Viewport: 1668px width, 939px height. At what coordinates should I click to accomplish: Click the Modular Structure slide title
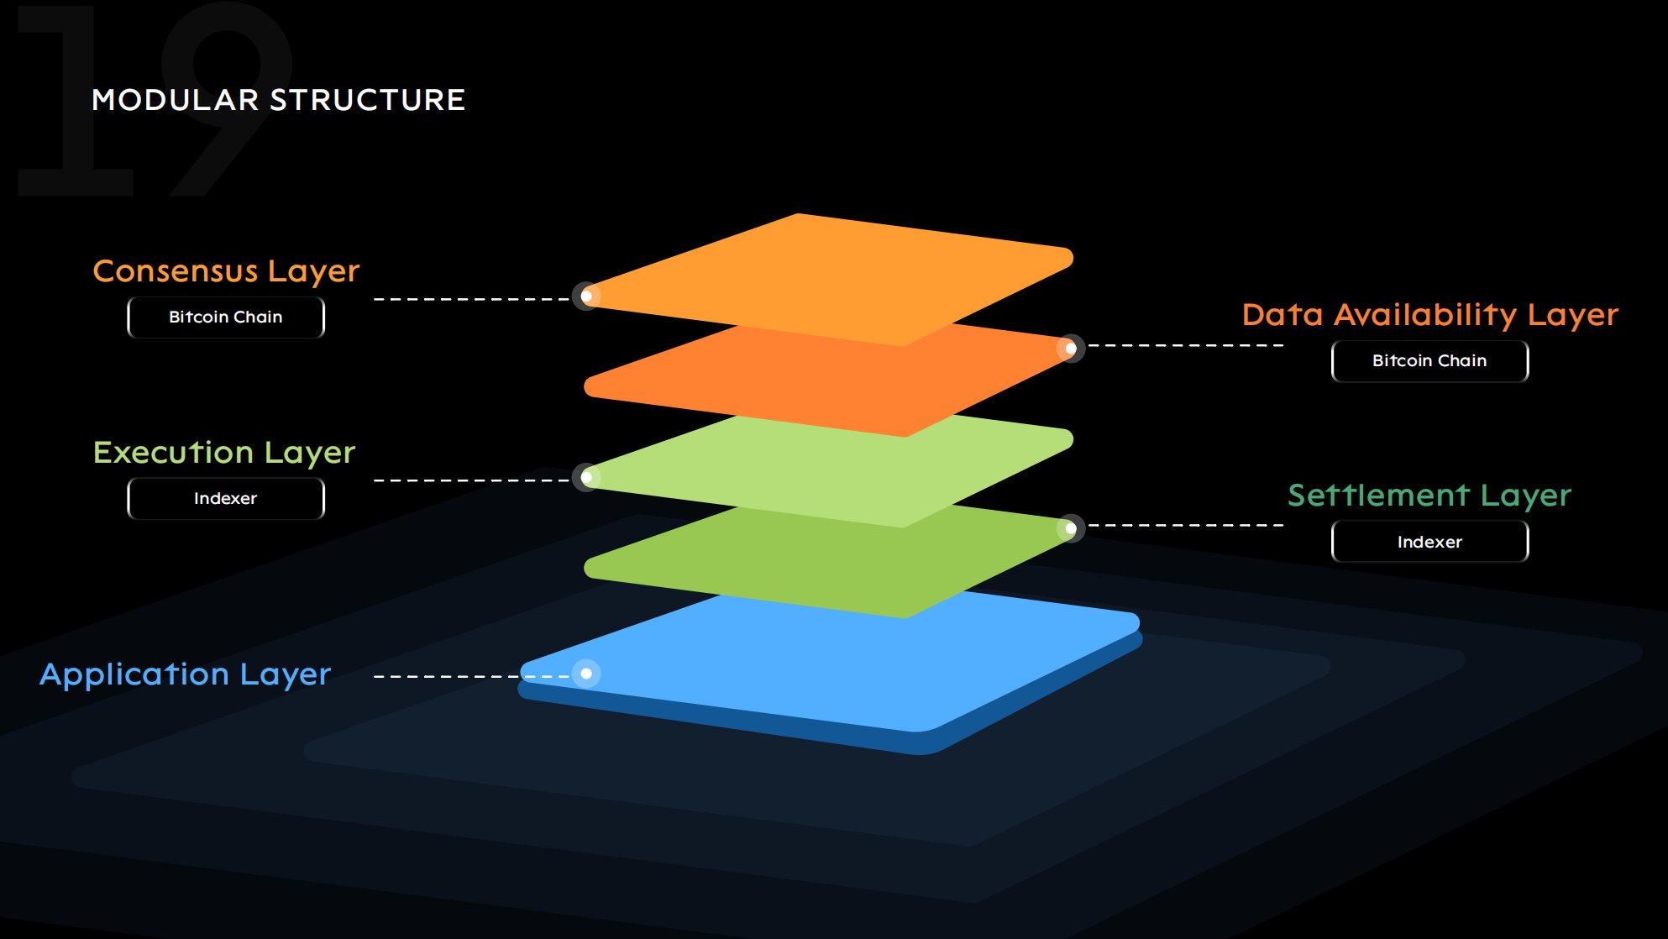pos(278,100)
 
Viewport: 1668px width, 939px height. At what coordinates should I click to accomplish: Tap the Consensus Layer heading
pos(226,271)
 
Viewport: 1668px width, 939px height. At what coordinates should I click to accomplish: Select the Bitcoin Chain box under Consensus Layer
pos(226,317)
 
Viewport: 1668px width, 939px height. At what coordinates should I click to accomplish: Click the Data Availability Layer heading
pos(1429,315)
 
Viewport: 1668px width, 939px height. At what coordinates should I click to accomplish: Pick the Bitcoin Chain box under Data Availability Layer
pos(1429,361)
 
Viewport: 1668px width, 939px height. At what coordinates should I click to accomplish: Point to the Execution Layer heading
pos(224,453)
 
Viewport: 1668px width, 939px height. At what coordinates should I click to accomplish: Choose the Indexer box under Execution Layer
pos(226,499)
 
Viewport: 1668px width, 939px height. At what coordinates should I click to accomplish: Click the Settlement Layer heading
pos(1429,496)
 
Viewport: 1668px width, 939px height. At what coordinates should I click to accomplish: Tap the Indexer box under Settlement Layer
pos(1429,543)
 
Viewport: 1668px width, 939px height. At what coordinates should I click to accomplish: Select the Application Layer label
pos(186,674)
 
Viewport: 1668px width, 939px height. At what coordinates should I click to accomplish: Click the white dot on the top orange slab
pos(586,296)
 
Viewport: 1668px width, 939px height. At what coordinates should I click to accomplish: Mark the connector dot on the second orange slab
pos(1071,348)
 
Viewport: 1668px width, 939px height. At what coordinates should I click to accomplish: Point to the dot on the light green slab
pos(586,477)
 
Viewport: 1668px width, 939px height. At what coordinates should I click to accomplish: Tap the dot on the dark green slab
pos(1071,528)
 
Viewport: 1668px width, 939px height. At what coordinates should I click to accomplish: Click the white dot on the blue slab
pos(586,674)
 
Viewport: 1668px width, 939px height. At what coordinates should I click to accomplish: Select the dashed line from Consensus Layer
pos(470,299)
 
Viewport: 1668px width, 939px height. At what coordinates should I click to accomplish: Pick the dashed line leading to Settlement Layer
pos(1184,525)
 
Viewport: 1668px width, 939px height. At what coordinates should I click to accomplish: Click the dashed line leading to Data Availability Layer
pos(1184,345)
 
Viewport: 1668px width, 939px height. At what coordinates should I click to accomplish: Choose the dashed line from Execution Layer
pos(470,480)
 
